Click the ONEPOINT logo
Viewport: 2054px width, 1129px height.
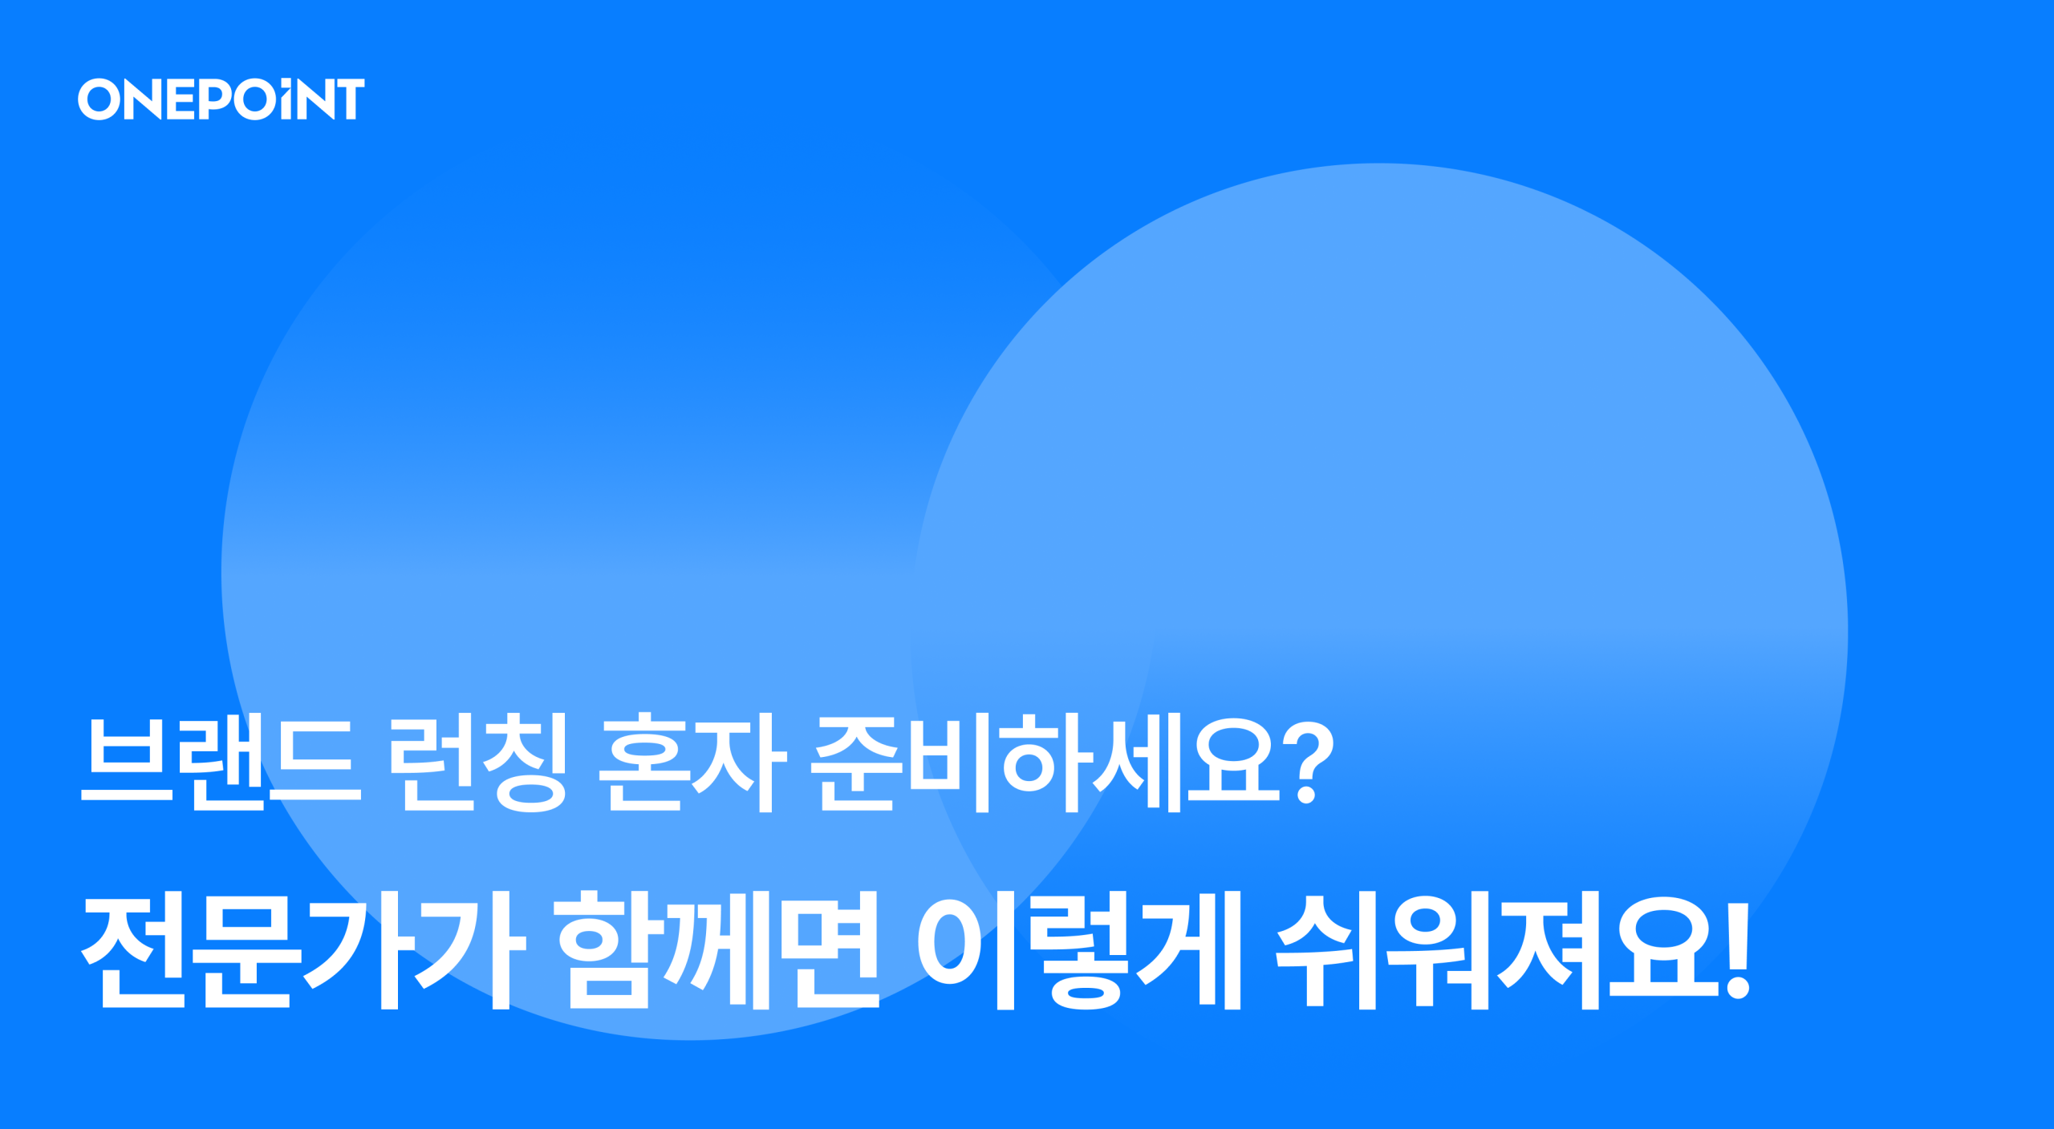tap(221, 99)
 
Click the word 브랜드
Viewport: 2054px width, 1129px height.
tap(221, 762)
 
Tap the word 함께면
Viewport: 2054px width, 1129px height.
tap(719, 949)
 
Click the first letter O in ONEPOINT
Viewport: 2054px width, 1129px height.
tap(99, 99)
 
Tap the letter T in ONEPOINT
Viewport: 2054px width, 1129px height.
tap(350, 99)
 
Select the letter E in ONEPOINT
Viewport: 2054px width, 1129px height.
tap(181, 99)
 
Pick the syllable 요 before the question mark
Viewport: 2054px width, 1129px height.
tap(1234, 760)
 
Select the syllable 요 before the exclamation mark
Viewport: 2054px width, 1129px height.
tap(1666, 949)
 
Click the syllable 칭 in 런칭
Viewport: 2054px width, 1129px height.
tap(526, 762)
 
